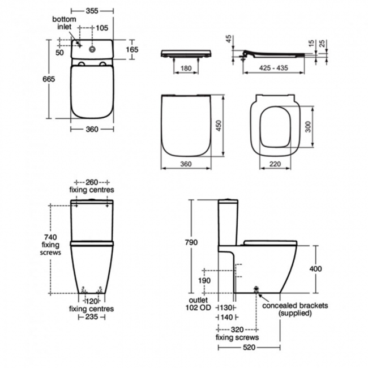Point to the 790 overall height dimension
coord(191,242)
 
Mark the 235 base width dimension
coord(91,317)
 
